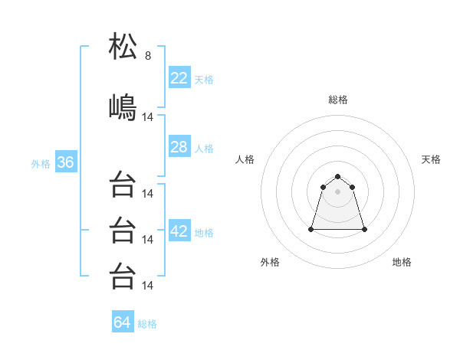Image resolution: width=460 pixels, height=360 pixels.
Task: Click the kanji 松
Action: (123, 47)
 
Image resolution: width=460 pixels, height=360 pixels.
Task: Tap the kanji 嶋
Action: (123, 106)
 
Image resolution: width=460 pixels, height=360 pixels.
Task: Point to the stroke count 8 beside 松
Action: (148, 56)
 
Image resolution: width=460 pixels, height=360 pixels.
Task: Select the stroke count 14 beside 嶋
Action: (149, 117)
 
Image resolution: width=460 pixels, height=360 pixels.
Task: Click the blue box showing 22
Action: (179, 77)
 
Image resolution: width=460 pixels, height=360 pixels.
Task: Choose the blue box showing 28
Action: (179, 147)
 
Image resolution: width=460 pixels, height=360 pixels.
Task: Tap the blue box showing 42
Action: (179, 231)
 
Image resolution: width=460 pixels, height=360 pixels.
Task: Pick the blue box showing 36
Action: (65, 163)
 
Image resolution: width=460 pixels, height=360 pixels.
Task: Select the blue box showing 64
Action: (123, 322)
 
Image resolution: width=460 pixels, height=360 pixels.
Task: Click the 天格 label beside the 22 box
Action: (204, 80)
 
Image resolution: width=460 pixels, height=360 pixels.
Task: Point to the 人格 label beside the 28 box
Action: (204, 149)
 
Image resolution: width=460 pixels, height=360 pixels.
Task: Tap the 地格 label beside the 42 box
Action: (204, 233)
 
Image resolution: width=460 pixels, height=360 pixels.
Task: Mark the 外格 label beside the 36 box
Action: (41, 164)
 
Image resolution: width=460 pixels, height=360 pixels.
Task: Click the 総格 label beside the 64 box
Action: (147, 324)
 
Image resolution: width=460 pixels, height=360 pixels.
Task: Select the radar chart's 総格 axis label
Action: (338, 100)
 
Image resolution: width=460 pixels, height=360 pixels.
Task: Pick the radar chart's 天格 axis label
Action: (431, 159)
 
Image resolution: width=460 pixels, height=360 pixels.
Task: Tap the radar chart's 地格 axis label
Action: (402, 262)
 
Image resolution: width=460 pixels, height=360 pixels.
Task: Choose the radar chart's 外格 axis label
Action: (270, 262)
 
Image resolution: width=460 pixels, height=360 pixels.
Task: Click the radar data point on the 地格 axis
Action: (364, 229)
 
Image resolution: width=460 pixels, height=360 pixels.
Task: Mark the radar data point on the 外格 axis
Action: (312, 229)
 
